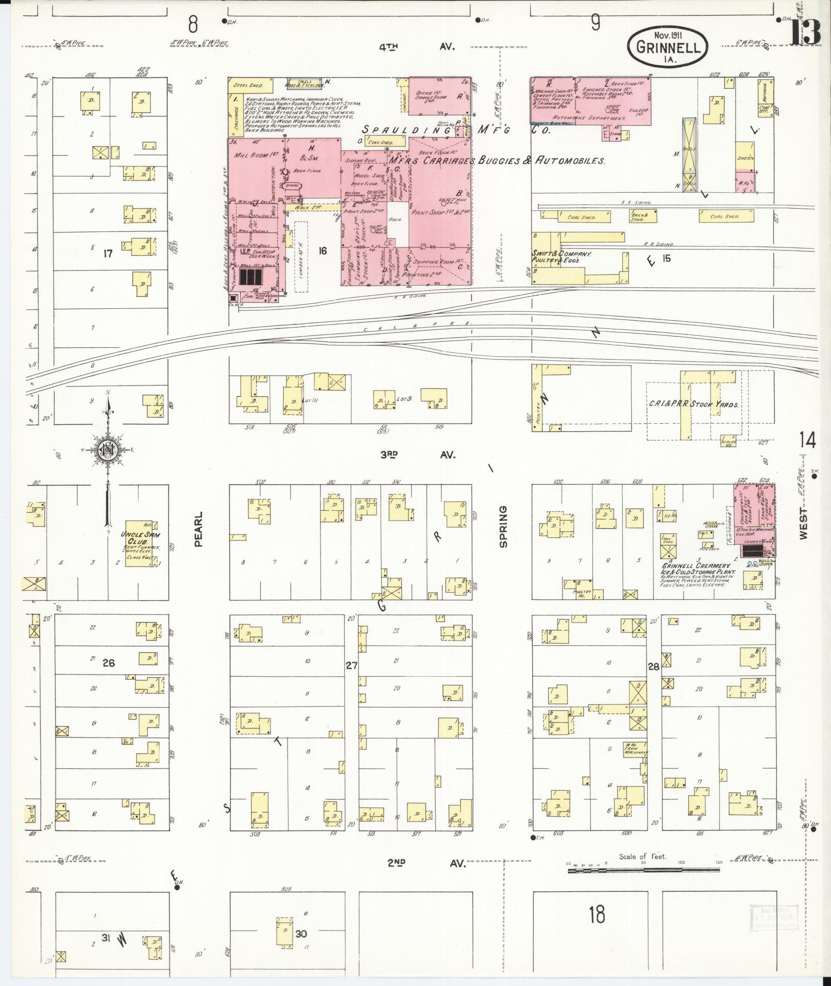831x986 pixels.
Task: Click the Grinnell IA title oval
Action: tap(668, 47)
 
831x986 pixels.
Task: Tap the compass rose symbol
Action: tap(109, 449)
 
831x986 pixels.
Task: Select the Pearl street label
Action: tap(199, 529)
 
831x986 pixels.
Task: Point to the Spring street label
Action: tap(503, 526)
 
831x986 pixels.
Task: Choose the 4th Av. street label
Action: tap(417, 47)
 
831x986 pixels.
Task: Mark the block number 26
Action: tap(108, 663)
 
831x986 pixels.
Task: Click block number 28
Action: tap(653, 666)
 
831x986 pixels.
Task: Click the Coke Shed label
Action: tap(380, 143)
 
